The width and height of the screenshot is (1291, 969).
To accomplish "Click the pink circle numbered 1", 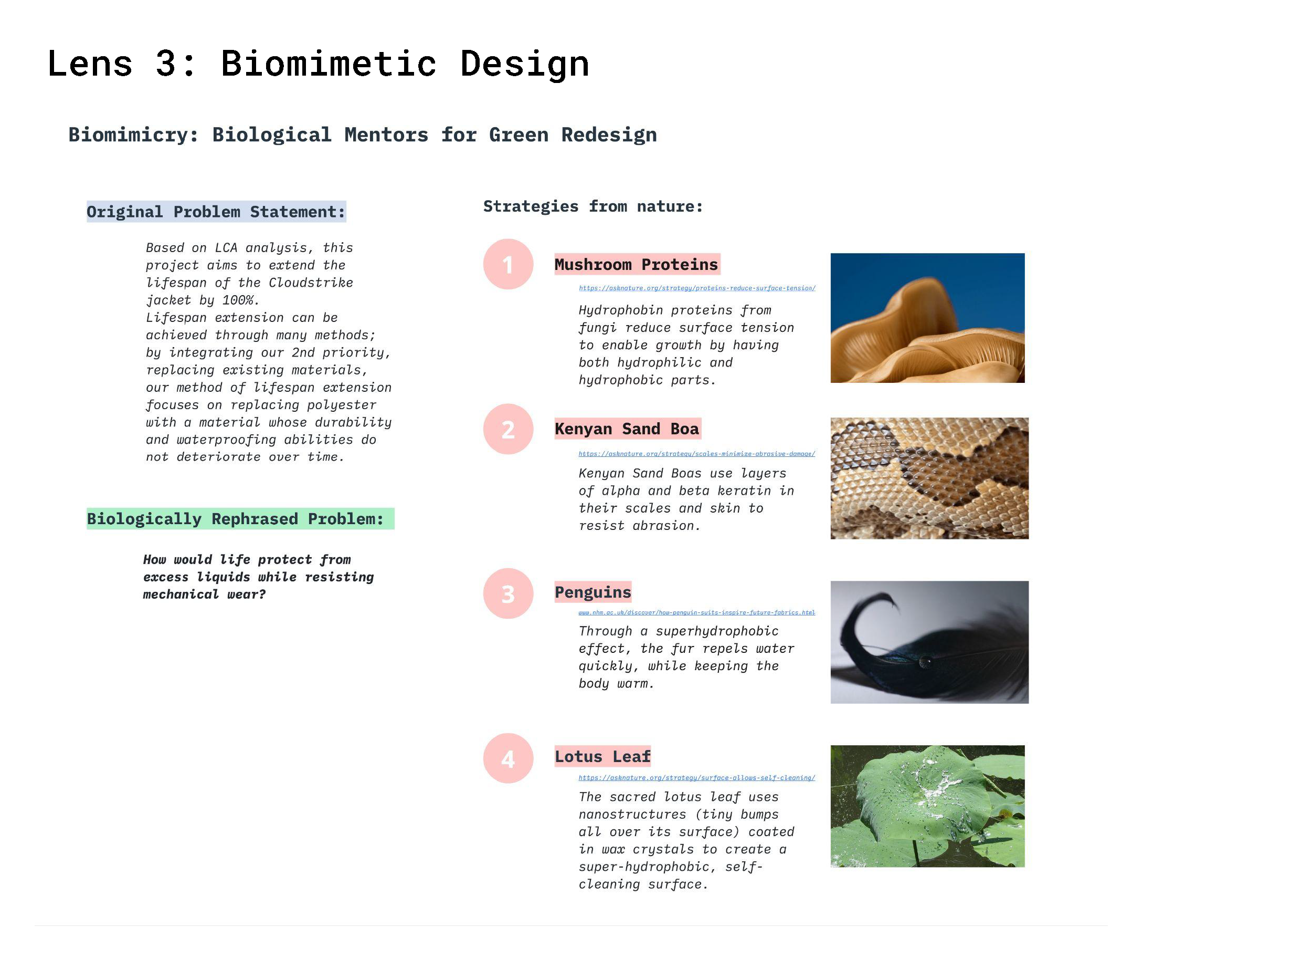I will click(x=508, y=264).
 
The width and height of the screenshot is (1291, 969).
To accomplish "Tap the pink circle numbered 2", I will click(x=508, y=429).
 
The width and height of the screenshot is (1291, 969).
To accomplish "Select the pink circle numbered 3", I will click(x=508, y=593).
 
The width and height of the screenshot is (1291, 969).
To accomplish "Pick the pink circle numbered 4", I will click(x=508, y=758).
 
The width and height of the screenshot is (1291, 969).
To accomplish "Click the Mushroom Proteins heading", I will click(x=636, y=265).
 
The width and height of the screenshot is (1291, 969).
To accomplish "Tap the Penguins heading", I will click(x=592, y=592).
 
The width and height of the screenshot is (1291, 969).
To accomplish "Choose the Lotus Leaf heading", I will click(x=602, y=756).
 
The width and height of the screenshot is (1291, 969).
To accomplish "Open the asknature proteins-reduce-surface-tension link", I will click(x=696, y=288).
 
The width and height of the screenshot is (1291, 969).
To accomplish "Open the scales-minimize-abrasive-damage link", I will click(x=696, y=454).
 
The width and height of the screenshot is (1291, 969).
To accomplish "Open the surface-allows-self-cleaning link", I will click(x=696, y=777).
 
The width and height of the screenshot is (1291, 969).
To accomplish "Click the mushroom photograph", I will click(x=927, y=318).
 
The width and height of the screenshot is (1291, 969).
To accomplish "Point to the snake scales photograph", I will click(x=929, y=478).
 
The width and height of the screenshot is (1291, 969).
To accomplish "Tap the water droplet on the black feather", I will click(x=925, y=662).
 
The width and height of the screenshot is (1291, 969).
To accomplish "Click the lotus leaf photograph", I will click(x=927, y=806).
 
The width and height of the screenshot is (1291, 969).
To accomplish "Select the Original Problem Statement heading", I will click(x=216, y=212).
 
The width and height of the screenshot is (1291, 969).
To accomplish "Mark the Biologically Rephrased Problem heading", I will click(x=240, y=519).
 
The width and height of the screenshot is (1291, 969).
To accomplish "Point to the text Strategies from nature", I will click(x=592, y=206).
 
